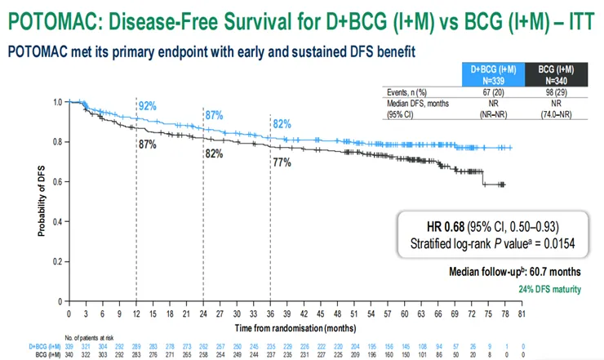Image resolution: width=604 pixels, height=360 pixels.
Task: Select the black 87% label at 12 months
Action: click(x=148, y=144)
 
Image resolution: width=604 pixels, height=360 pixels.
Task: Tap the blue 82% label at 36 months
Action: click(x=282, y=123)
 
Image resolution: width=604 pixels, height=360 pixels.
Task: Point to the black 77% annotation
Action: click(x=282, y=162)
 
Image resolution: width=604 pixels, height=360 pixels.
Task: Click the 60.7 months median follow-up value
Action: click(x=564, y=271)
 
